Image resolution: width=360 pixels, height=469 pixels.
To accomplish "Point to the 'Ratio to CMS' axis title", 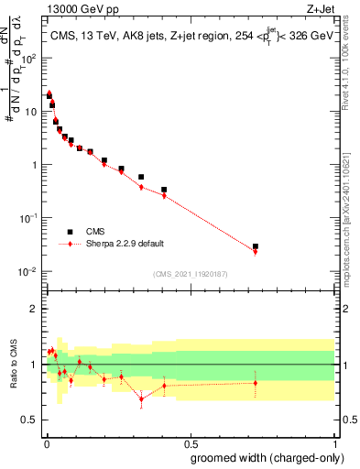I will point(16,365).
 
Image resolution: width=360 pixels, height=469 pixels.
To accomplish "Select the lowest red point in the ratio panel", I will point(141,398).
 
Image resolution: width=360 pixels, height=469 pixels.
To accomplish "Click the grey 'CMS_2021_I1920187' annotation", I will point(190,275).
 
